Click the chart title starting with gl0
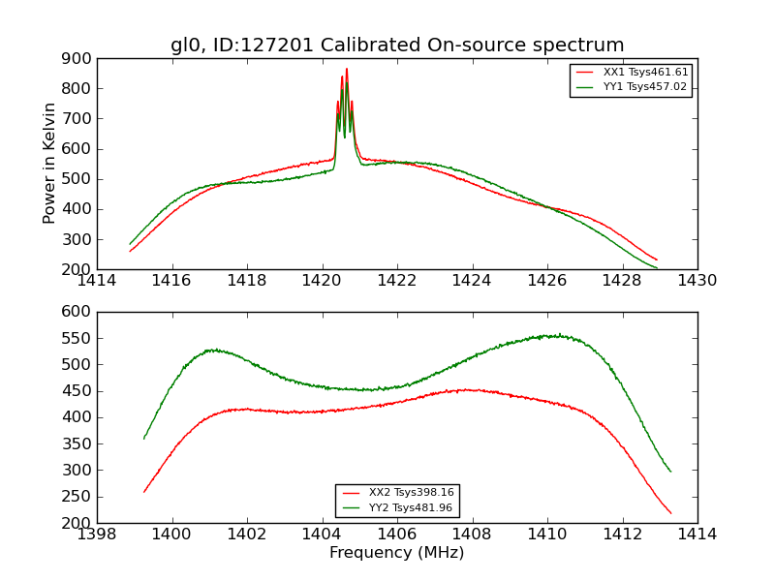(397, 46)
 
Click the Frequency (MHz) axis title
(397, 553)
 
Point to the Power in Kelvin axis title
(50, 164)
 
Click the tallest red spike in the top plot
(347, 70)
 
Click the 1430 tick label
(697, 281)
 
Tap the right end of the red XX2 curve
(670, 513)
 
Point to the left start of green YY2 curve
(144, 438)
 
